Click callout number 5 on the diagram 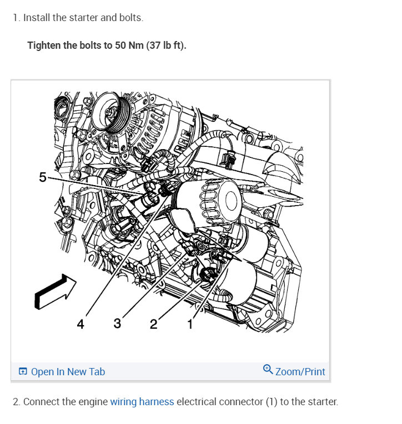(x=43, y=177)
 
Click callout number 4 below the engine (x=81, y=324)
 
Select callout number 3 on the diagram (x=117, y=323)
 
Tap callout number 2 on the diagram (x=154, y=324)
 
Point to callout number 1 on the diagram (x=190, y=324)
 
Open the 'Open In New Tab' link (x=68, y=372)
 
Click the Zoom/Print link (x=300, y=371)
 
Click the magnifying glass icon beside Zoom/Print (x=268, y=370)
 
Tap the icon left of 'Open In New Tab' (x=23, y=372)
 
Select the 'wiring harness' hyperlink (x=142, y=402)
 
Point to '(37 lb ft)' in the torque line (x=166, y=45)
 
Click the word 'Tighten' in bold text (x=44, y=45)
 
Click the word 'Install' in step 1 (x=37, y=18)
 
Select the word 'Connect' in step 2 (x=40, y=402)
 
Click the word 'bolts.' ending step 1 (x=131, y=18)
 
